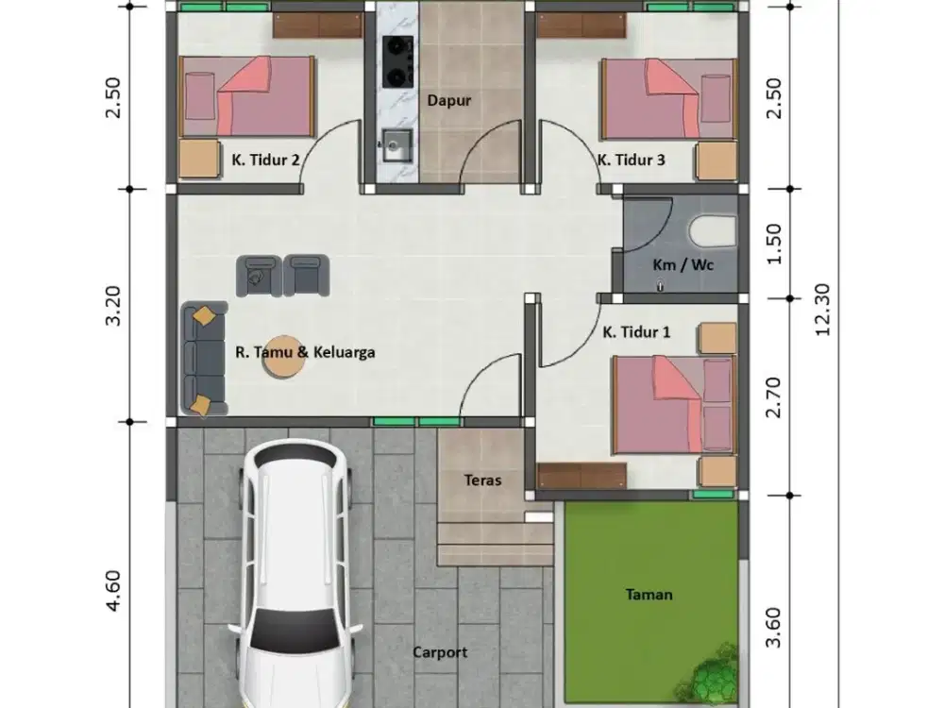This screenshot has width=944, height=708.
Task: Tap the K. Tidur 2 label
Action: pyautogui.click(x=265, y=160)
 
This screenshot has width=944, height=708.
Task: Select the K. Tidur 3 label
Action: pyautogui.click(x=631, y=160)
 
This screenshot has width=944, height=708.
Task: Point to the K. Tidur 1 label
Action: pyautogui.click(x=637, y=332)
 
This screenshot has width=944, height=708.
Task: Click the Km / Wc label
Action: pyautogui.click(x=683, y=264)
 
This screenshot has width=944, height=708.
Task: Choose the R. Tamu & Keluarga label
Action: pyautogui.click(x=305, y=352)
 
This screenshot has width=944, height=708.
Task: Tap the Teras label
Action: pyautogui.click(x=482, y=480)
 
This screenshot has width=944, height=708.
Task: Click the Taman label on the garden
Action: pyautogui.click(x=649, y=594)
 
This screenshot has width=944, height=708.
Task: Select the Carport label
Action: pyautogui.click(x=440, y=652)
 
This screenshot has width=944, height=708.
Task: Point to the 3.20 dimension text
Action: pyautogui.click(x=114, y=306)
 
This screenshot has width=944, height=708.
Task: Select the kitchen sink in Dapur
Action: pyautogui.click(x=394, y=145)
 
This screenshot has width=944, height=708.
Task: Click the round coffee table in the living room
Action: pyautogui.click(x=282, y=357)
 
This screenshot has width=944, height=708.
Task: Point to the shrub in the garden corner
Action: pyautogui.click(x=715, y=674)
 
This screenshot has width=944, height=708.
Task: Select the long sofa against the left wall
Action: pyautogui.click(x=204, y=359)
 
